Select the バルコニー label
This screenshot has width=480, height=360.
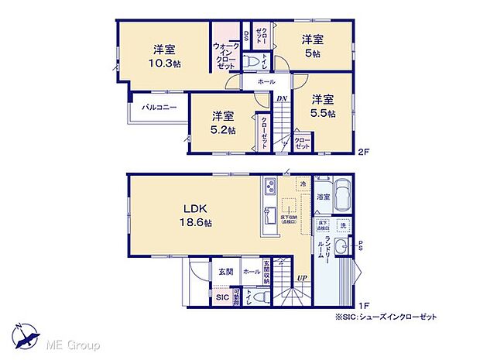[159, 108]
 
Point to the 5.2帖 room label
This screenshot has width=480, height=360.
[224, 123]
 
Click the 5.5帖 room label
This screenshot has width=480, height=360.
[324, 107]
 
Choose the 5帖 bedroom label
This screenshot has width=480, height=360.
[312, 46]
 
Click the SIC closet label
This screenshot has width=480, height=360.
[221, 297]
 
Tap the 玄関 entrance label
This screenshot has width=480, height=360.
[225, 271]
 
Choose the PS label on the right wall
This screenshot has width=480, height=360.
[360, 245]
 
